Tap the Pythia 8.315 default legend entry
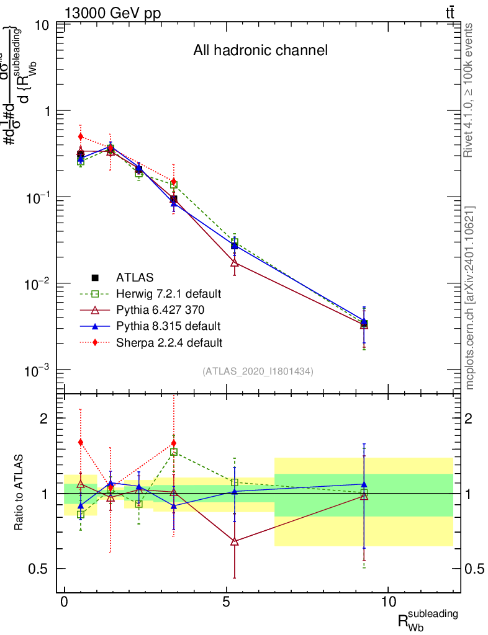pyautogui.click(x=167, y=326)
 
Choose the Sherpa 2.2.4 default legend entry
pyautogui.click(x=168, y=342)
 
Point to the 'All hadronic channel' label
pyautogui.click(x=260, y=50)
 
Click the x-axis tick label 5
pyautogui.click(x=227, y=602)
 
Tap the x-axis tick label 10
pyautogui.click(x=388, y=602)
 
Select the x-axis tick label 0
pyautogui.click(x=65, y=602)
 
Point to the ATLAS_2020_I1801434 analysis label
pyautogui.click(x=258, y=371)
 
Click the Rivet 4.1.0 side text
pyautogui.click(x=469, y=91)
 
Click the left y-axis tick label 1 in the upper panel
pyautogui.click(x=45, y=111)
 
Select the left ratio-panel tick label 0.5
pyautogui.click(x=38, y=569)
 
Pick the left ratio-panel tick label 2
pyautogui.click(x=45, y=419)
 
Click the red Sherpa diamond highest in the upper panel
pyautogui.click(x=80, y=136)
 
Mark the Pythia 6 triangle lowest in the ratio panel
pyautogui.click(x=234, y=541)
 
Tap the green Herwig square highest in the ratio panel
pyautogui.click(x=174, y=452)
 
